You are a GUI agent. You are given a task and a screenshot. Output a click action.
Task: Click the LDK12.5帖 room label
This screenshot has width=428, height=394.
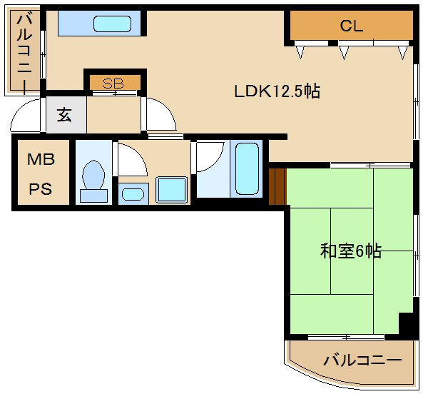pyautogui.click(x=277, y=91)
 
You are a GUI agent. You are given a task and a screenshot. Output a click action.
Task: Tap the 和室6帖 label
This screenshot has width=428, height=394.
pyautogui.click(x=350, y=251)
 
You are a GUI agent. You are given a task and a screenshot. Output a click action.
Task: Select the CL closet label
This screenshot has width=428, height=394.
pyautogui.click(x=352, y=27)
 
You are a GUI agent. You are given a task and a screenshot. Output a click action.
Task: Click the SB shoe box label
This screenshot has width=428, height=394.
pyautogui.click(x=114, y=83)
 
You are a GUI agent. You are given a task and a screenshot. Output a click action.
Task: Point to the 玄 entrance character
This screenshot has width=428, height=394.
pyautogui.click(x=64, y=115)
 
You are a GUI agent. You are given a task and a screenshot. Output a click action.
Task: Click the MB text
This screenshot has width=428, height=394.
pyautogui.click(x=41, y=161)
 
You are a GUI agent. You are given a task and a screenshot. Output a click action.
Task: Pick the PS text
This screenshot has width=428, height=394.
pyautogui.click(x=41, y=190)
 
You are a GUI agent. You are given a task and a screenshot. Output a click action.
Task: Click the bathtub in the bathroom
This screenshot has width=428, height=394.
pyautogui.click(x=248, y=170)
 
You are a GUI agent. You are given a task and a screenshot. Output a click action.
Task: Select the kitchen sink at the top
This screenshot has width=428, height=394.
pyautogui.click(x=113, y=24)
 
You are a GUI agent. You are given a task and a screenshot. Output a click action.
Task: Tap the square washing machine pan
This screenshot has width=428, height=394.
pyautogui.click(x=171, y=189)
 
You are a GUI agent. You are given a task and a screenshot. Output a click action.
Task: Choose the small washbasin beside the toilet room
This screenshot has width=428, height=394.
pyautogui.click(x=133, y=193)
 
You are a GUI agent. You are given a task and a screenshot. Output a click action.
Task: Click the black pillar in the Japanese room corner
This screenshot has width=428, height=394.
pyautogui.click(x=406, y=323)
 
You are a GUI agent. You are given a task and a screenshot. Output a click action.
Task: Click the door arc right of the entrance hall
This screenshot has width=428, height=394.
pyautogui.click(x=158, y=114)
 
